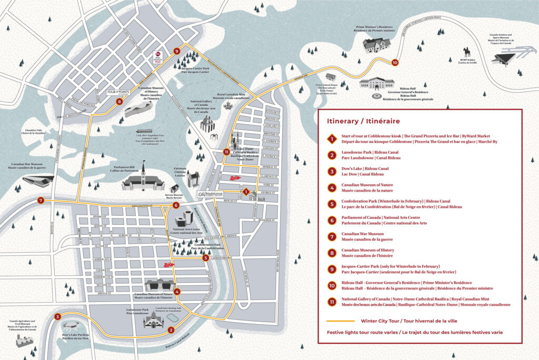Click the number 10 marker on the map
395,62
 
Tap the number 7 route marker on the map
41,201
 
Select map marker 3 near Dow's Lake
58,317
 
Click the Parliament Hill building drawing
141,182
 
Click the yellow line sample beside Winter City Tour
339,321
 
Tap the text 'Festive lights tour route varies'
368,333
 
